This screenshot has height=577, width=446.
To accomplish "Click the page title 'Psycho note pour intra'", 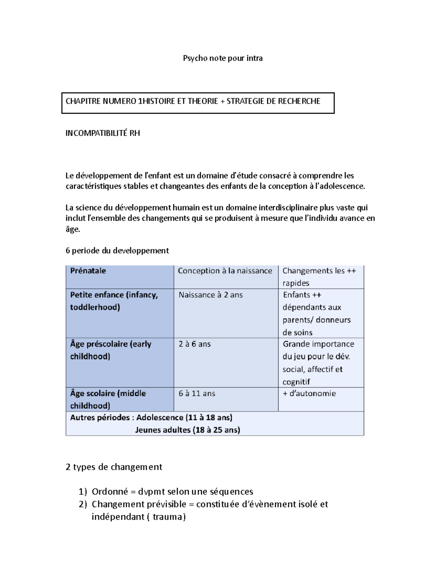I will point(223,58).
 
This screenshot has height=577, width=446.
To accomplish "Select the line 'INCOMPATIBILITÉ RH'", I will point(103,133).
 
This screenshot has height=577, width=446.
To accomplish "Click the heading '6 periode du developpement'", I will point(117,251).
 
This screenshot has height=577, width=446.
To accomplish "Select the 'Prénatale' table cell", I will point(88,271).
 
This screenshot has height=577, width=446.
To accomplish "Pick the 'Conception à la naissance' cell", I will point(225,271).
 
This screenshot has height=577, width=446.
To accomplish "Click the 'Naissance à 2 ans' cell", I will point(210,295).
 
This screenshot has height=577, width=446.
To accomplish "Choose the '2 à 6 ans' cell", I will point(194,344).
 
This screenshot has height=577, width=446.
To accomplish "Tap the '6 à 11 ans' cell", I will point(197,393).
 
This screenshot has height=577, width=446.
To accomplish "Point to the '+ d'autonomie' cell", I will point(309,393).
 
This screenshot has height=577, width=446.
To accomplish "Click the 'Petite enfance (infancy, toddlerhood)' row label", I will point(114,301).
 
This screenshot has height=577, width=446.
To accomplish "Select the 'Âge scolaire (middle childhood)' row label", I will point(108,399).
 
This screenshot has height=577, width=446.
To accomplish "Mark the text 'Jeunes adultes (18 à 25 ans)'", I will point(187,430).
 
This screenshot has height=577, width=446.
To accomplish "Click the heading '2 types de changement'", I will point(114,467).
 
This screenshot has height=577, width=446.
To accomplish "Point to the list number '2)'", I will point(83,505).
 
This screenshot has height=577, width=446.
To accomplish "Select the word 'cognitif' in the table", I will point(296,382).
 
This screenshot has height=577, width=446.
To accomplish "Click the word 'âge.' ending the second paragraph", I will point(73,230).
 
